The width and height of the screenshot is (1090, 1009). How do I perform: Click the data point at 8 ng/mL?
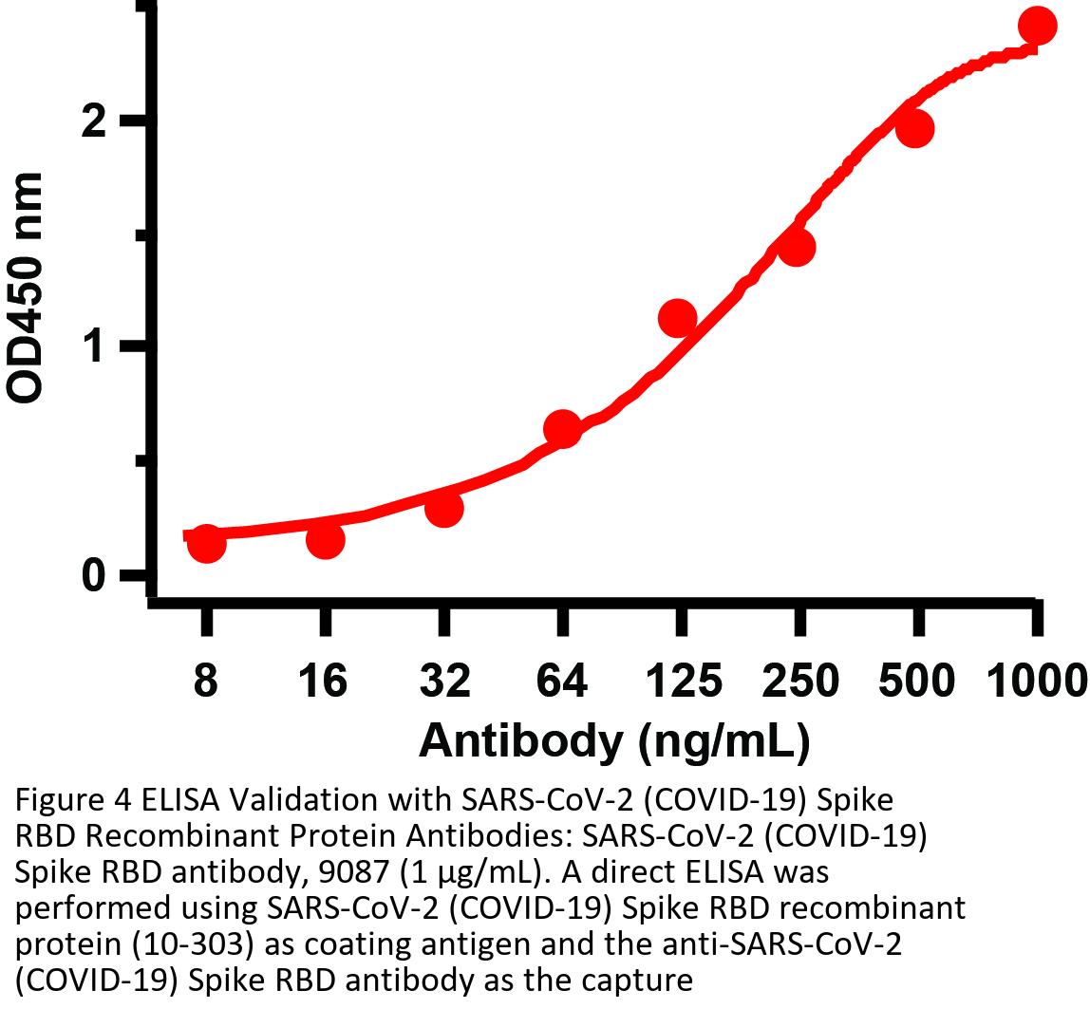pos(207,544)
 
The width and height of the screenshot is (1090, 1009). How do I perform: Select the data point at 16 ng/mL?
pos(325,539)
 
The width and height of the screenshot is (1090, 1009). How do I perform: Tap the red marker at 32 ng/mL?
pos(443,508)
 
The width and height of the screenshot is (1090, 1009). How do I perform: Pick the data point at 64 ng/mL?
pos(562,429)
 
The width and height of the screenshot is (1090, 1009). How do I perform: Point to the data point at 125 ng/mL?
pos(678,318)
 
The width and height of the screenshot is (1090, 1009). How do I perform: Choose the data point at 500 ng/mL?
pos(915,129)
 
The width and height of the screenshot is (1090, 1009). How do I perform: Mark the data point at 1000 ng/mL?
pos(1036,26)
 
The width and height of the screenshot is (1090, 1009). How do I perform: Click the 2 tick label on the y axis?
pos(93,121)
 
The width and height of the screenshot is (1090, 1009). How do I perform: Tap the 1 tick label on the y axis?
pos(93,347)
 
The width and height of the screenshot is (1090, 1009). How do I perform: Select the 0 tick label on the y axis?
pos(93,575)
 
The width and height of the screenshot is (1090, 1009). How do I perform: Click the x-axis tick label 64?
pos(562,682)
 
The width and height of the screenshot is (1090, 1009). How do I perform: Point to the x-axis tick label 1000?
pos(1036,682)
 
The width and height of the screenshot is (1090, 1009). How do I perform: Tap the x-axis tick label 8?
pos(206,682)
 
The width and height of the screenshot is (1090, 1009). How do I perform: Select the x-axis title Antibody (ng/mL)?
pos(614,740)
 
